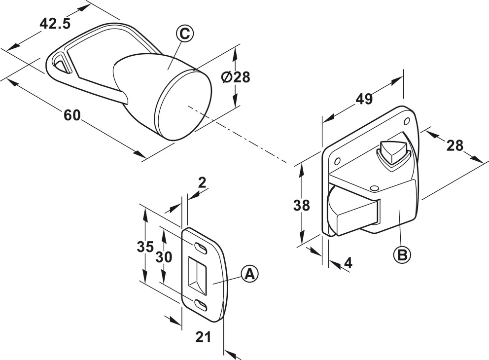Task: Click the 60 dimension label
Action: (x=72, y=115)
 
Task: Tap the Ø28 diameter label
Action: (x=236, y=77)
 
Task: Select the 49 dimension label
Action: (x=364, y=99)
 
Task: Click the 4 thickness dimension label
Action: (x=348, y=263)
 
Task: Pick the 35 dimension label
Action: (x=145, y=246)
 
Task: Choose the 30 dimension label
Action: (x=165, y=256)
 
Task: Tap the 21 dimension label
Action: (x=203, y=337)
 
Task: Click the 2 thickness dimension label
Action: (x=202, y=182)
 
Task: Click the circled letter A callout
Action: (x=250, y=274)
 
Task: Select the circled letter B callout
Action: (x=402, y=254)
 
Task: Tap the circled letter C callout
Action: (x=184, y=34)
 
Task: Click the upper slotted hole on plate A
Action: (x=201, y=247)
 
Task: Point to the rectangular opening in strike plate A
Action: (x=199, y=275)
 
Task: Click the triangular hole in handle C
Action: (x=60, y=63)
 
